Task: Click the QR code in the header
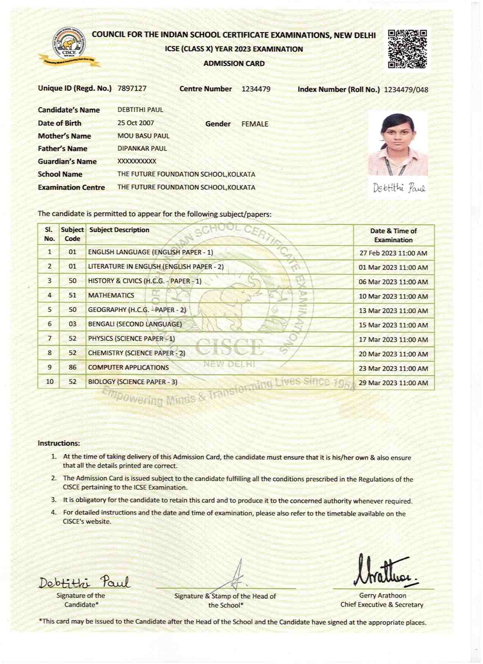[x=408, y=49]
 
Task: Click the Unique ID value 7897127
[x=132, y=89]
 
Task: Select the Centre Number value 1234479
[x=256, y=89]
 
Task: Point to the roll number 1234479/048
[x=406, y=90]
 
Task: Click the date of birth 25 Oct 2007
[x=136, y=123]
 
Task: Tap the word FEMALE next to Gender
[x=255, y=124]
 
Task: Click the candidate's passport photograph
[x=398, y=144]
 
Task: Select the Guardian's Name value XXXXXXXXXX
[x=137, y=161]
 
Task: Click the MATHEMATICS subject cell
[x=111, y=295]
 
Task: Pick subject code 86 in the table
[x=72, y=367]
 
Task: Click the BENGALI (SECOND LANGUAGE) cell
[x=135, y=324]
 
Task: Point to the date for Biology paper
[x=393, y=383]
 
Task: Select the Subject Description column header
[x=119, y=230]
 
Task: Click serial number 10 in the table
[x=50, y=381]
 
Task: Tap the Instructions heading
[x=59, y=443]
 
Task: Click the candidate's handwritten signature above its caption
[x=84, y=582]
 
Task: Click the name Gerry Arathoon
[x=383, y=595]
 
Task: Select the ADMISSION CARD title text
[x=234, y=64]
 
